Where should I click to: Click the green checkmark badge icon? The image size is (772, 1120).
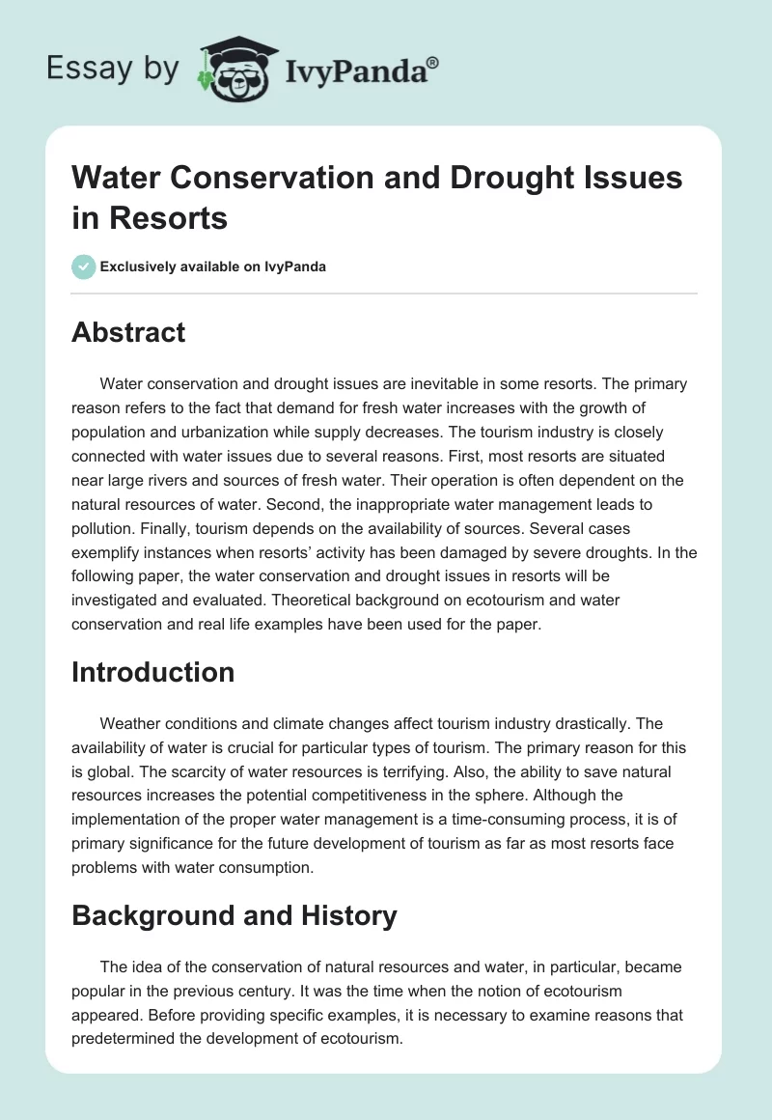(x=84, y=266)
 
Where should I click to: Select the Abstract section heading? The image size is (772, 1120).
(x=128, y=332)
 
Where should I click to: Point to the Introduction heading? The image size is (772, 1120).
(x=152, y=672)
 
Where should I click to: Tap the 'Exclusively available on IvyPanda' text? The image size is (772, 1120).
(x=213, y=266)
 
